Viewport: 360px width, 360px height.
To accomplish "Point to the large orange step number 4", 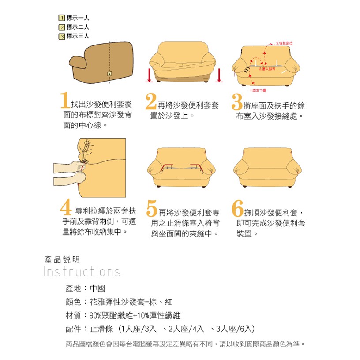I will coord(66,208).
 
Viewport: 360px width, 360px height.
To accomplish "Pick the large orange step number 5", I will coord(151,209).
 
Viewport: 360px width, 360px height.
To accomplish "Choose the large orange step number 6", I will coord(237,208).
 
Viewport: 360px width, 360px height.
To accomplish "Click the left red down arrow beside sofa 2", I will coord(150,75).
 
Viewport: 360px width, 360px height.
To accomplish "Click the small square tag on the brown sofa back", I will coord(109,74).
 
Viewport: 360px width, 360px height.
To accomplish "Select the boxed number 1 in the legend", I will coord(62,18).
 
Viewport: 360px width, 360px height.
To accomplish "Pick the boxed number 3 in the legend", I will coord(62,36).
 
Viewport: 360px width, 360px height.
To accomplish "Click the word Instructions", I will coord(82,271).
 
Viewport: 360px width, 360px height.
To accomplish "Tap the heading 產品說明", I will coord(62,259).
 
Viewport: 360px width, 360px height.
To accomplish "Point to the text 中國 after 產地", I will coord(97,289).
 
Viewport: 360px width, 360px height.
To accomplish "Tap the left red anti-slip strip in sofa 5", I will coord(168,167).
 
